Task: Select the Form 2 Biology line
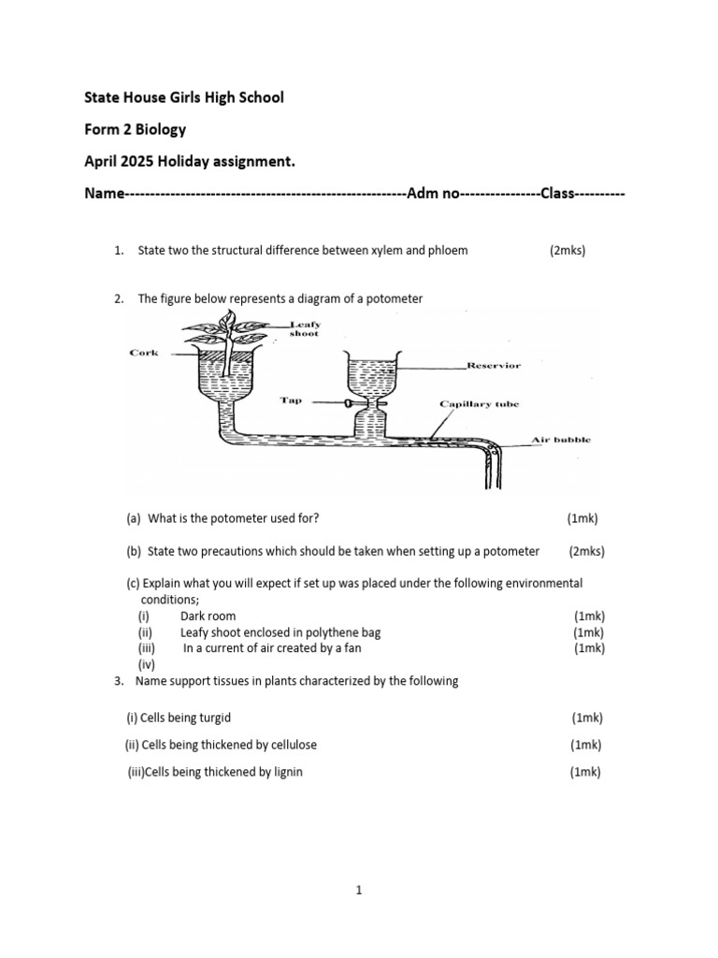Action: tap(136, 130)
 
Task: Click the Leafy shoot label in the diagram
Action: tap(303, 327)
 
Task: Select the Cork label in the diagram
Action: tap(144, 353)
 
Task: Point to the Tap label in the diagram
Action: tap(291, 399)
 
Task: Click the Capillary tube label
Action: tap(480, 404)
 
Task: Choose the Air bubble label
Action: tap(561, 439)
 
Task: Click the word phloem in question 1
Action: tap(449, 251)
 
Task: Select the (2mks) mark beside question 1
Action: tap(567, 251)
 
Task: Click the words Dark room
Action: tap(208, 617)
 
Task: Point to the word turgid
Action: tap(212, 718)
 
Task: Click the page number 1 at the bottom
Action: tap(358, 891)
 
